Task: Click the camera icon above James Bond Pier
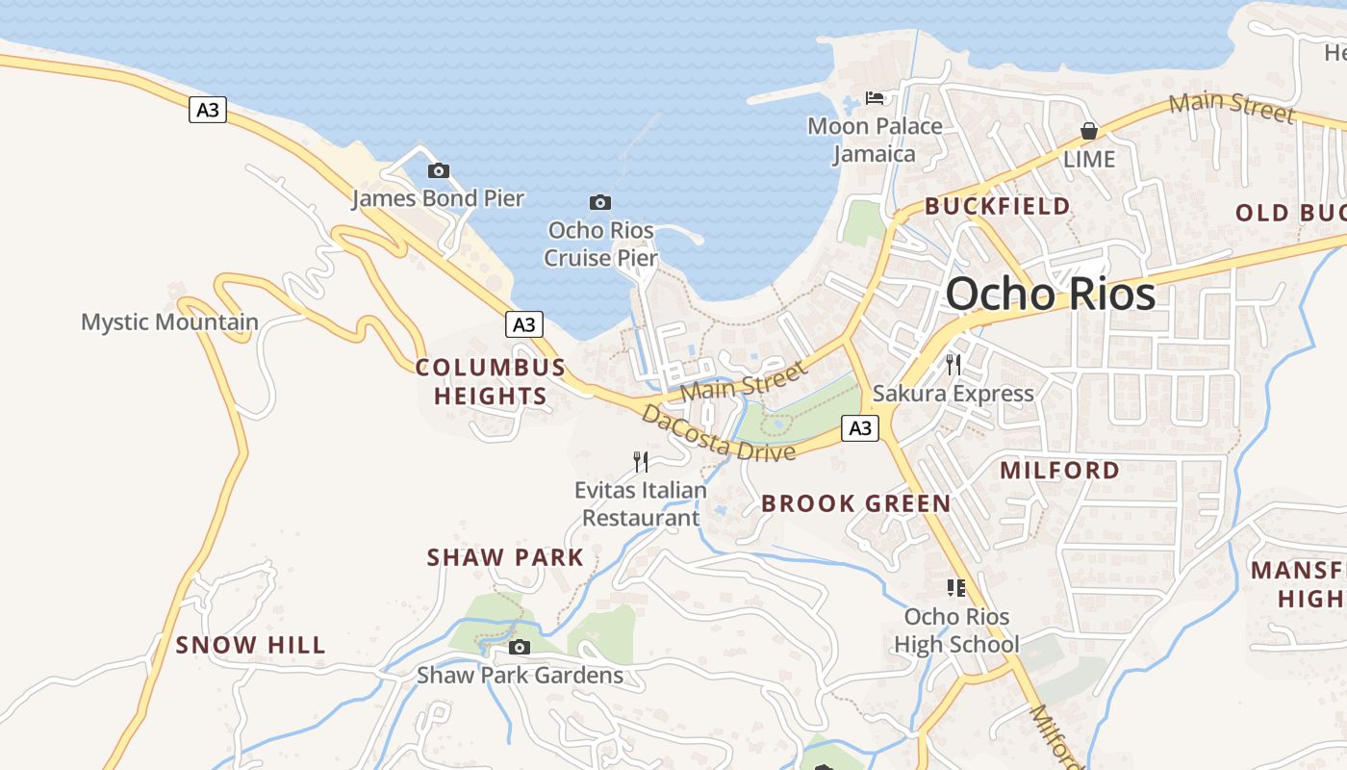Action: click(439, 171)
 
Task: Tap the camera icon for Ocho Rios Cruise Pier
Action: click(600, 202)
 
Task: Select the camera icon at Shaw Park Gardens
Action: click(520, 647)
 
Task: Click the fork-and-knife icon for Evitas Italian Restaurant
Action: click(641, 462)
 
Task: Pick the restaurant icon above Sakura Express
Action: click(953, 364)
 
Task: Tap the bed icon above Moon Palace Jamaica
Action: click(875, 97)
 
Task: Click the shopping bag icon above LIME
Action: click(1089, 131)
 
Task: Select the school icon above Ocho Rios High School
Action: click(955, 587)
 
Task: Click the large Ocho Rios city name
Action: click(1050, 294)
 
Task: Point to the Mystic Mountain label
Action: click(169, 321)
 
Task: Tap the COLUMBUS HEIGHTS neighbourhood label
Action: click(491, 381)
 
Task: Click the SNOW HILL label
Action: click(250, 645)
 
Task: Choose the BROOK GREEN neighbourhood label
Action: click(855, 502)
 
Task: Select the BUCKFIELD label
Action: click(997, 206)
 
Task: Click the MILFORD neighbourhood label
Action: click(1059, 470)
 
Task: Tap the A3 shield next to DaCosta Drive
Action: click(860, 427)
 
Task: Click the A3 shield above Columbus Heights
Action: click(523, 324)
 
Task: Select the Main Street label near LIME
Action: click(1232, 108)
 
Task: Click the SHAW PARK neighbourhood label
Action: click(505, 557)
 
